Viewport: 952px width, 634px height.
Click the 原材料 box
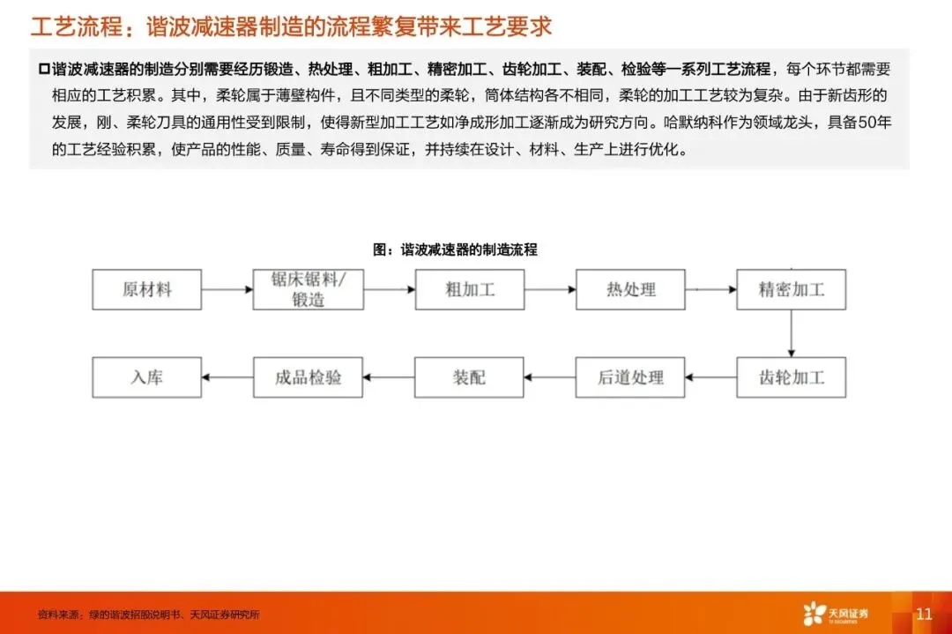[x=146, y=289]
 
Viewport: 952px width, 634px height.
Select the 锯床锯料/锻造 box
[x=308, y=289]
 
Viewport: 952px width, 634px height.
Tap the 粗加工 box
[x=469, y=289]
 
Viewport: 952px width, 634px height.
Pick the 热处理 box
[x=630, y=289]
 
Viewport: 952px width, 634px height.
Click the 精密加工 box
[x=791, y=289]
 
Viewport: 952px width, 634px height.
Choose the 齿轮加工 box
[x=791, y=377]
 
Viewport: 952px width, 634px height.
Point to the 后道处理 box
[x=630, y=377]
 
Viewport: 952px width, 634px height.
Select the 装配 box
[x=469, y=377]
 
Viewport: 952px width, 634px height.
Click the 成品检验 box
[x=308, y=377]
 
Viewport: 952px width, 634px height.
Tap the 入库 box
[x=146, y=377]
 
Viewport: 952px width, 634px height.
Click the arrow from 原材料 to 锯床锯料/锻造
[x=227, y=288]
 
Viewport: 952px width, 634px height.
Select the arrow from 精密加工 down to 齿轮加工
[x=791, y=332]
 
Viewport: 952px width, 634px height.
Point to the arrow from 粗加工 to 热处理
[x=549, y=288]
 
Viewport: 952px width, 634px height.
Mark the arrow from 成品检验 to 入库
[x=227, y=377]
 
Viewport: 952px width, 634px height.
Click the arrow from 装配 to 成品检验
[x=388, y=377]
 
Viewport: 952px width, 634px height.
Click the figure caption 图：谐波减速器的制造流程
[x=455, y=250]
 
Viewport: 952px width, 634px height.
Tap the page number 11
[x=924, y=614]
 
